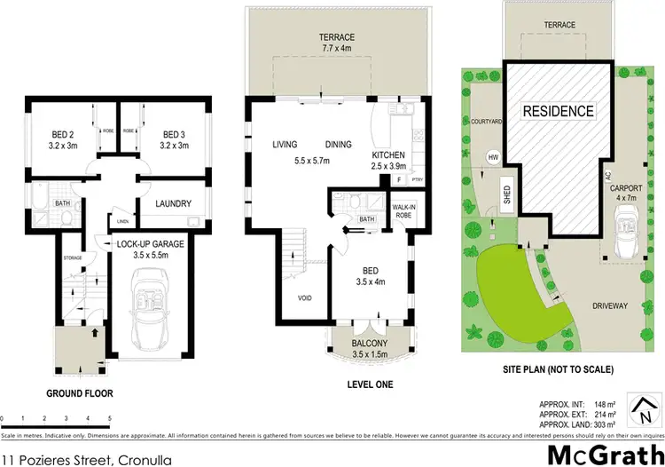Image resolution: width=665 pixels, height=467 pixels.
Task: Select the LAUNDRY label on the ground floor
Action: (x=173, y=204)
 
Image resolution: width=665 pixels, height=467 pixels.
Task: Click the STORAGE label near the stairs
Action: (x=73, y=258)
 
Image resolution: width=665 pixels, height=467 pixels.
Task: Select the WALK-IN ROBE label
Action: (x=404, y=211)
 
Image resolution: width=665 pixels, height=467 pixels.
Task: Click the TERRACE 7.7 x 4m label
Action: (x=337, y=42)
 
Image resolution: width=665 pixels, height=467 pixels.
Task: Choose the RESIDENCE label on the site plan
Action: (x=557, y=112)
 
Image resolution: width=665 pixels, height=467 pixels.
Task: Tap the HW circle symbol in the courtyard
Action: (x=492, y=158)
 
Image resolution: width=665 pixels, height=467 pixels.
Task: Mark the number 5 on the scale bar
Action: (x=109, y=417)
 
